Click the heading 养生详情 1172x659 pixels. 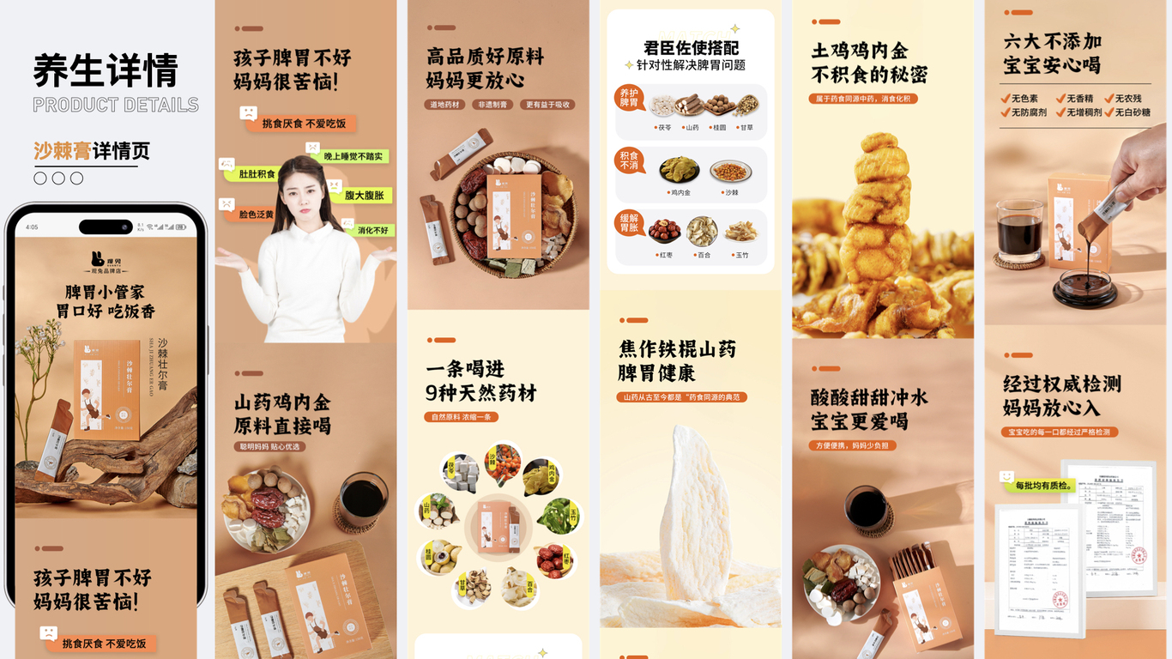pos(106,70)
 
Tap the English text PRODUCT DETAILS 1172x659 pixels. pos(116,105)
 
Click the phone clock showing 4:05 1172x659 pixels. pos(32,227)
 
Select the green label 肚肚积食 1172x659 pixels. pos(257,174)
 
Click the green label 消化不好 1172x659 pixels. pos(372,230)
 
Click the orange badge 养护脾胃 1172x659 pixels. pos(630,98)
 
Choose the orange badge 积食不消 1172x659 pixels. pos(630,160)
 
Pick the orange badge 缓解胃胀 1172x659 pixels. pos(630,223)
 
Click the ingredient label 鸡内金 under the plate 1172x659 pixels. pos(680,193)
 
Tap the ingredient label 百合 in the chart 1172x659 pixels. pos(702,255)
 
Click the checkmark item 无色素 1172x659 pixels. pos(1019,99)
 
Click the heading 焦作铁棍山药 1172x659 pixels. pos(678,349)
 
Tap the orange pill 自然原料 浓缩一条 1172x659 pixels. pos(461,417)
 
